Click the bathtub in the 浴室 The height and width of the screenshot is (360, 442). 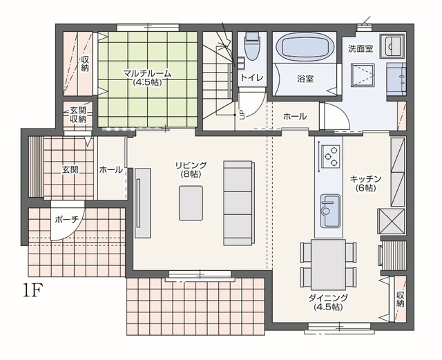305,48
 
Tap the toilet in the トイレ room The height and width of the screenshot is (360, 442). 253,46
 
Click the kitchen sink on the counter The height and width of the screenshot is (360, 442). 330,210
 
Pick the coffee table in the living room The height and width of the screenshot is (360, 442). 191,203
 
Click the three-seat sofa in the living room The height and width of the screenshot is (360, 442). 239,203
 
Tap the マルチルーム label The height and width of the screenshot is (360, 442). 147,74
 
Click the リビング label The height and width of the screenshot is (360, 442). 191,165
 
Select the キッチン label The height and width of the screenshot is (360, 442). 365,179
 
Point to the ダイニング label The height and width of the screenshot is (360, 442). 329,298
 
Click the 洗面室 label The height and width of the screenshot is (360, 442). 361,48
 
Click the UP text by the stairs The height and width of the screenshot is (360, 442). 242,115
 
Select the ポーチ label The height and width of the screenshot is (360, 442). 66,220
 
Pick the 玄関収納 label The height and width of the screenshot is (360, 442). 78,115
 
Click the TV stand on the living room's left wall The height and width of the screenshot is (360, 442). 142,203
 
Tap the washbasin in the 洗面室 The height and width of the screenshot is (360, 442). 392,46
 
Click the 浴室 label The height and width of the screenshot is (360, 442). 305,79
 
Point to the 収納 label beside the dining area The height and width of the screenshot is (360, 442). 401,299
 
